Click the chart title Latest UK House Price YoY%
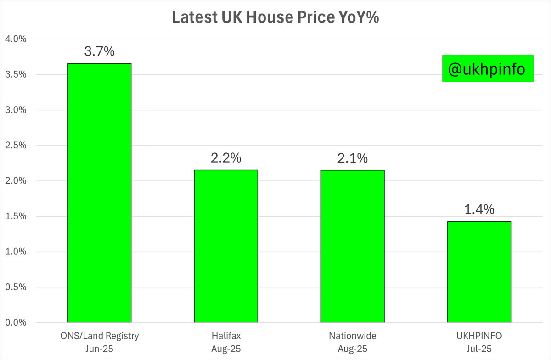275,17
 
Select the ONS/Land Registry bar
99,193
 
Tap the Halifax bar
226,246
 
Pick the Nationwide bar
353,246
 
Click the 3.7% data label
99,51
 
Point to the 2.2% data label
226,158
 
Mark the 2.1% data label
353,158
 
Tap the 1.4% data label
479,210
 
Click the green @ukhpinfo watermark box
488,69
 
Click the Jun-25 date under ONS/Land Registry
99,349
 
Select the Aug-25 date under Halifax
226,349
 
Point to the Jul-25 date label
479,349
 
